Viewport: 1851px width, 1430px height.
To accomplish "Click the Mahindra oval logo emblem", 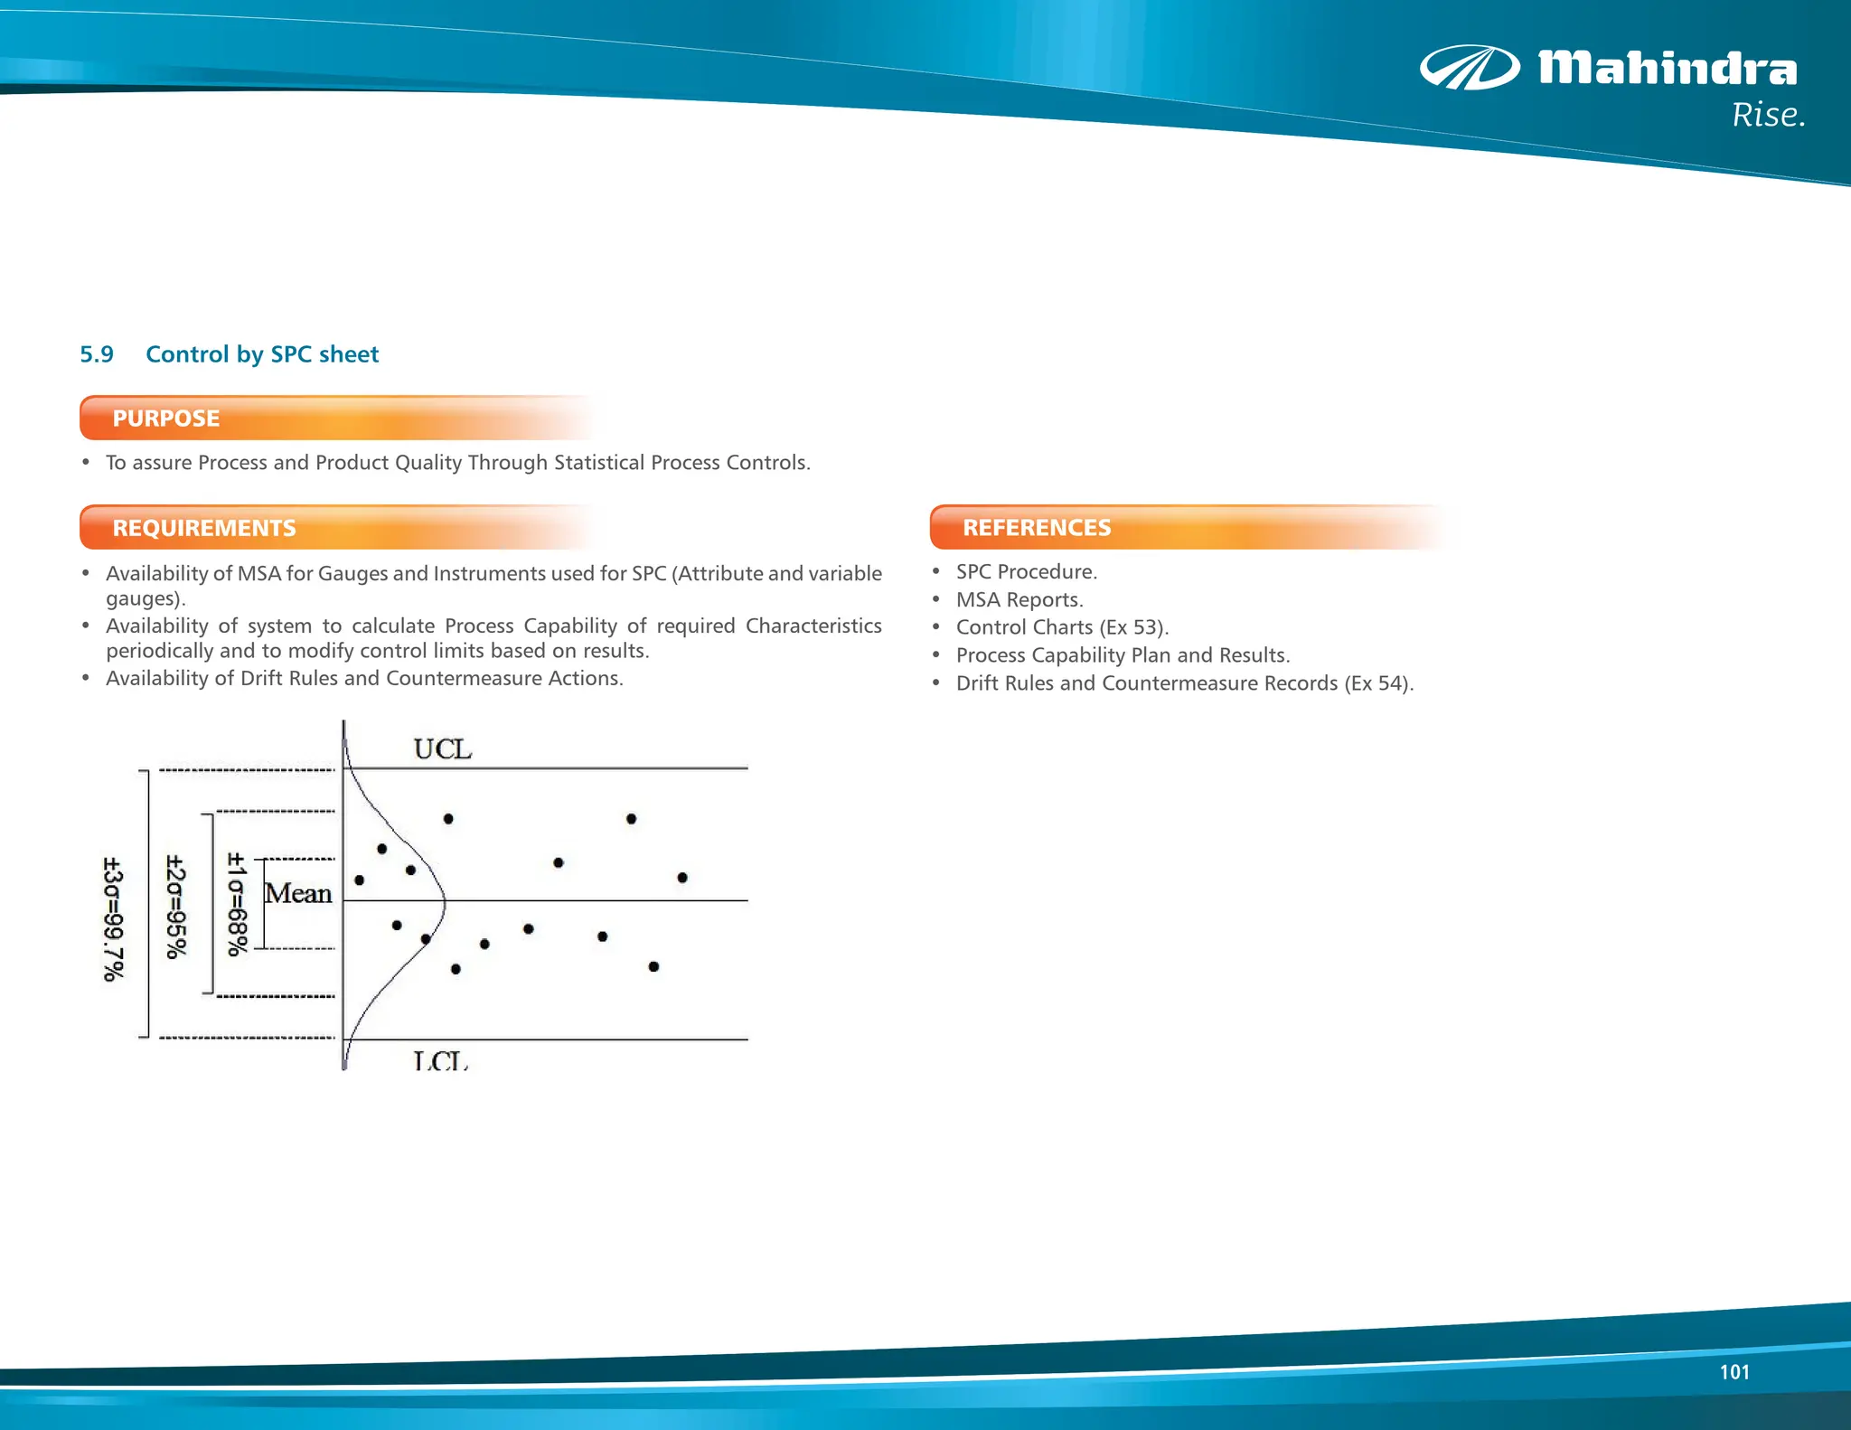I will point(1470,68).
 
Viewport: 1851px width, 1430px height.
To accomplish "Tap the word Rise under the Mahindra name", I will point(1767,116).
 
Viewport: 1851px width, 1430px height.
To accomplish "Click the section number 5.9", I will point(97,354).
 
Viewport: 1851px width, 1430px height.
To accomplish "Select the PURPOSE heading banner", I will point(165,419).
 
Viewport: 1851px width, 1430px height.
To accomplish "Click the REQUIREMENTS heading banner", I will point(204,528).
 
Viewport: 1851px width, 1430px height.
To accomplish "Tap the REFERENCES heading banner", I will point(1037,528).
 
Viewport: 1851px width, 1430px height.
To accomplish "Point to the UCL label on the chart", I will point(442,749).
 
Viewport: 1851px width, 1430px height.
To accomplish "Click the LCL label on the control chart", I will point(440,1060).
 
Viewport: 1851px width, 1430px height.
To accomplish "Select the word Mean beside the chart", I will point(298,893).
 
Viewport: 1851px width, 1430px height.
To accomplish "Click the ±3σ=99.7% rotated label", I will point(113,918).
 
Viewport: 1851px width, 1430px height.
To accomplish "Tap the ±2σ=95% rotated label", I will point(176,906).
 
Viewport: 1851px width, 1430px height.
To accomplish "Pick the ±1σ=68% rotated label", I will point(236,904).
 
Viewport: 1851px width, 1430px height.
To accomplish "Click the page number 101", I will point(1734,1372).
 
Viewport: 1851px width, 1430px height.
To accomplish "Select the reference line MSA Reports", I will point(1019,600).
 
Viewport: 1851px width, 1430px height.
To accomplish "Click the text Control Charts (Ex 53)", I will point(1062,627).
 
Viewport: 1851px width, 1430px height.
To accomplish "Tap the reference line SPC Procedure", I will point(1026,572).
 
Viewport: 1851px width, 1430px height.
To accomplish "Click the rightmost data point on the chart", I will point(682,878).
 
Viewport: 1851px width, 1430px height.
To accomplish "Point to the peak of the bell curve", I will point(445,900).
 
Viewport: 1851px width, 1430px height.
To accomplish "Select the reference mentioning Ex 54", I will point(1184,683).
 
